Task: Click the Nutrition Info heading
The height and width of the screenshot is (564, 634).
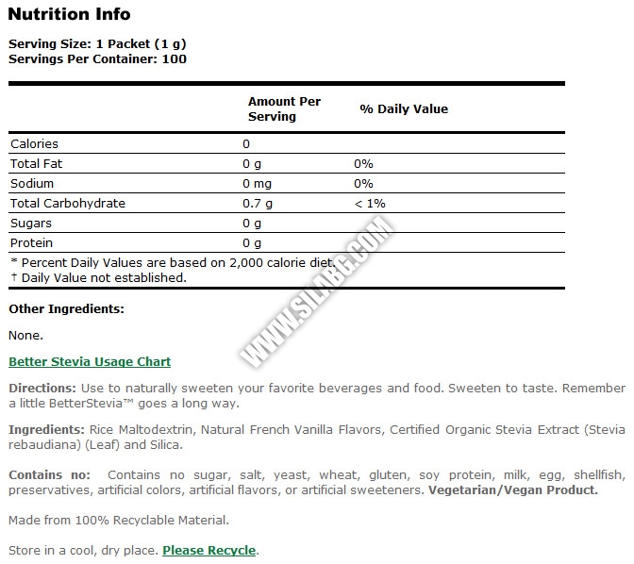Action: [69, 14]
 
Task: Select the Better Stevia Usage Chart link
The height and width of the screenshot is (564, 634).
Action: [90, 361]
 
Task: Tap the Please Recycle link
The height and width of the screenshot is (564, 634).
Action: [209, 550]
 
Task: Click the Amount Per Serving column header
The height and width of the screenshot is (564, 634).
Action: [284, 108]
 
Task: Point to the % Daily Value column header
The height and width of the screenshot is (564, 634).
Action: [404, 108]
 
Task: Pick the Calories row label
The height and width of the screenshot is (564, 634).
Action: [34, 143]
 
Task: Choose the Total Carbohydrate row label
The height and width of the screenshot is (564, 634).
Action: [67, 203]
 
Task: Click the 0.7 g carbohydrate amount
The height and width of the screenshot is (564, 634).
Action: [258, 203]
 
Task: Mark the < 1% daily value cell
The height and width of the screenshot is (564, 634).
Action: [370, 203]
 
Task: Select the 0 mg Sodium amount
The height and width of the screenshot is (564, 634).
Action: [258, 183]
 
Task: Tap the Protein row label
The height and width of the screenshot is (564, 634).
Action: [31, 242]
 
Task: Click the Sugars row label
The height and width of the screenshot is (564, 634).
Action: [31, 223]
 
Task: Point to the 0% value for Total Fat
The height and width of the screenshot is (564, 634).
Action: [363, 163]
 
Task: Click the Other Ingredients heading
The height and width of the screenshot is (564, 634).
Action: [66, 308]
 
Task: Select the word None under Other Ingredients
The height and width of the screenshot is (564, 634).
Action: [25, 335]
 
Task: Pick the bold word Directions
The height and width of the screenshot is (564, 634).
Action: [42, 388]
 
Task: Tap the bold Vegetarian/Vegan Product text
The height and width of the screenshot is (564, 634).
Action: [512, 489]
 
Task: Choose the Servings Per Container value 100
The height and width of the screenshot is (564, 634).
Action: [175, 58]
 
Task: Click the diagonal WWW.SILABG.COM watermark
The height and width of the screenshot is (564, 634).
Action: [317, 292]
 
